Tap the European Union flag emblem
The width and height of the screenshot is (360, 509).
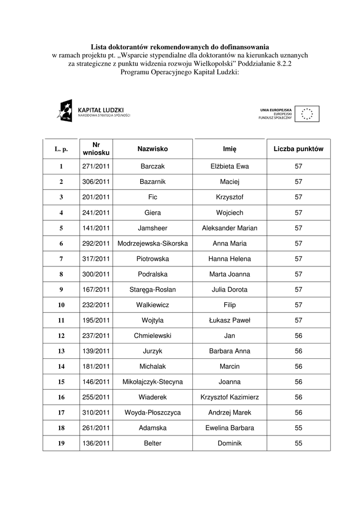pos(307,114)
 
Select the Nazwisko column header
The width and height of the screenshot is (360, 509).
pos(153,149)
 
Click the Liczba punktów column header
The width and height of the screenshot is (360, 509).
pos(298,149)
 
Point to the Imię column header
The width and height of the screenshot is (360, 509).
pos(230,149)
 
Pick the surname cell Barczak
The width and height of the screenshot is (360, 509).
pos(153,167)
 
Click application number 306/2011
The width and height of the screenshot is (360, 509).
pos(96,182)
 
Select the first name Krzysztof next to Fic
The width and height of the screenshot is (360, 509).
pos(230,197)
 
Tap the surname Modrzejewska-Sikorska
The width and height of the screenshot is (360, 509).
pos(153,244)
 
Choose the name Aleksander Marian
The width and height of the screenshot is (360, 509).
pos(230,228)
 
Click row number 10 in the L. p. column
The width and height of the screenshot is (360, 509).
pos(61,305)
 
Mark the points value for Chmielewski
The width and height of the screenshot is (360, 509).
pos(298,336)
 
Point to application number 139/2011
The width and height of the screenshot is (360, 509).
pos(96,351)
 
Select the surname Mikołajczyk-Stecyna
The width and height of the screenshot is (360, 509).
pos(153,382)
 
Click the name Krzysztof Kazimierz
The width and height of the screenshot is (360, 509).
pos(230,398)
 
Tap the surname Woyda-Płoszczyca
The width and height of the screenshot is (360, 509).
pos(153,413)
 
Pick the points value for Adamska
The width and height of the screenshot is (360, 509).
pos(298,428)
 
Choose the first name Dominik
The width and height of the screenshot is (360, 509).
pos(230,443)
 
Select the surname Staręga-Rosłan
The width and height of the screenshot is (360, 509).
pos(153,290)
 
